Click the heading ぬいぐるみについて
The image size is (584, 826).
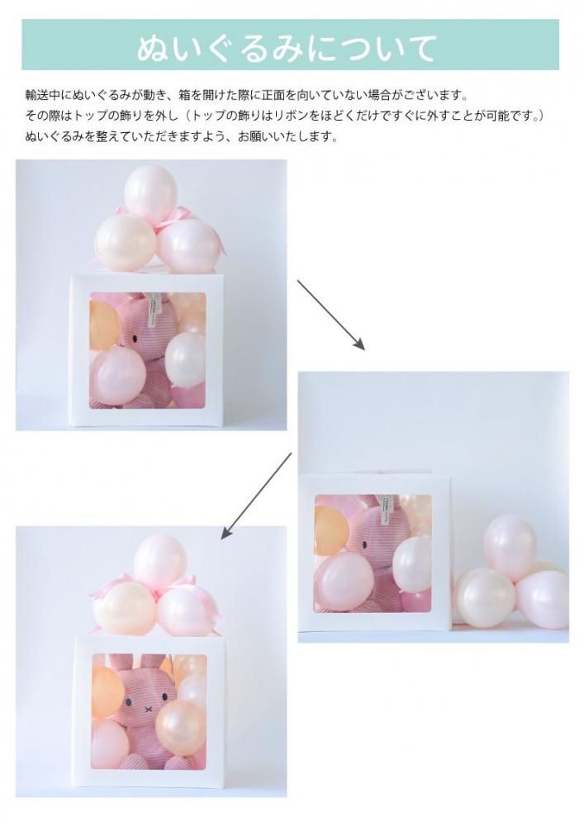[287, 49]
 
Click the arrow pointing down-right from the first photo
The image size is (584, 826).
[330, 315]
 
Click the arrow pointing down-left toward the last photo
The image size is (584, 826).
[256, 496]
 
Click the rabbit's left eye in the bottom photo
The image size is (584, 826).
[129, 701]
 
